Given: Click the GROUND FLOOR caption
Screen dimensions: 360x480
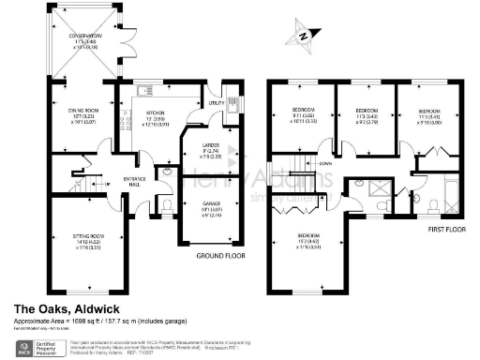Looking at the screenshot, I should [219, 255].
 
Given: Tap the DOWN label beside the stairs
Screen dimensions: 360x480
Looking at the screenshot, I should [324, 163].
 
